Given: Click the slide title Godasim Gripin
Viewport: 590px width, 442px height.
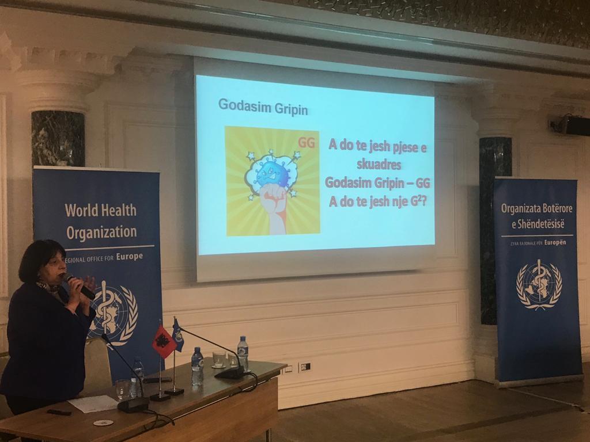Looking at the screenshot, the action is (x=263, y=107).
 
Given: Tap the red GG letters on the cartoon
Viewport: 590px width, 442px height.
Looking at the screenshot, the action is (x=307, y=143).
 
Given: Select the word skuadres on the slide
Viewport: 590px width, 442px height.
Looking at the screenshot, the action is (x=379, y=164).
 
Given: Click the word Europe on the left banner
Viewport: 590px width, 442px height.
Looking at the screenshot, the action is (x=130, y=257).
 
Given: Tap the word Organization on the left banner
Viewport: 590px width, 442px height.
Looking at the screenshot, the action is (x=101, y=233).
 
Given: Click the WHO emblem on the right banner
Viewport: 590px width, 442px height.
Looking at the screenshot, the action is (x=539, y=284).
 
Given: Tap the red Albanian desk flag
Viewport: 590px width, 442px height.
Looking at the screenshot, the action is (x=164, y=341).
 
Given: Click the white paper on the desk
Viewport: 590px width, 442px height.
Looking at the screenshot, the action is (x=93, y=403).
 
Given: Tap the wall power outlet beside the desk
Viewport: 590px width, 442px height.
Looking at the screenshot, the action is (x=305, y=366).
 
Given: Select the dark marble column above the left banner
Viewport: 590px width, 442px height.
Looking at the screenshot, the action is (x=58, y=139).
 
